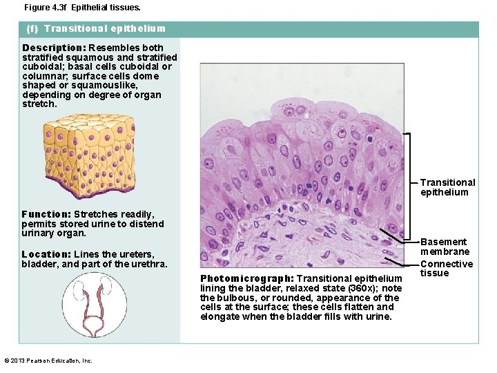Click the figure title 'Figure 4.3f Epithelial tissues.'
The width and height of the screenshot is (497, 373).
tap(81, 8)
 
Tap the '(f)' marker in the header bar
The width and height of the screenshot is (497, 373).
tap(32, 29)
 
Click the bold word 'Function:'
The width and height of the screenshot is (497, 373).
tap(46, 214)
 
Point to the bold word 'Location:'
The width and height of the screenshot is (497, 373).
tap(46, 254)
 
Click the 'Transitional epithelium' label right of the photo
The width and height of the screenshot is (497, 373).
tap(447, 187)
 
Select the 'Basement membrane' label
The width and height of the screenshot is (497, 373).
tap(445, 247)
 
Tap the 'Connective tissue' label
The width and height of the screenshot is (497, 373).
tap(447, 268)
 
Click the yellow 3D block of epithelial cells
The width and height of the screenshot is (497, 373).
tap(88, 155)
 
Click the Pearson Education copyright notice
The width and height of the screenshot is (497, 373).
tap(48, 361)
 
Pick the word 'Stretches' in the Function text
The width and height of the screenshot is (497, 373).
tap(96, 214)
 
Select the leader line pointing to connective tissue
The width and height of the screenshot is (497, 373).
tap(402, 260)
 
